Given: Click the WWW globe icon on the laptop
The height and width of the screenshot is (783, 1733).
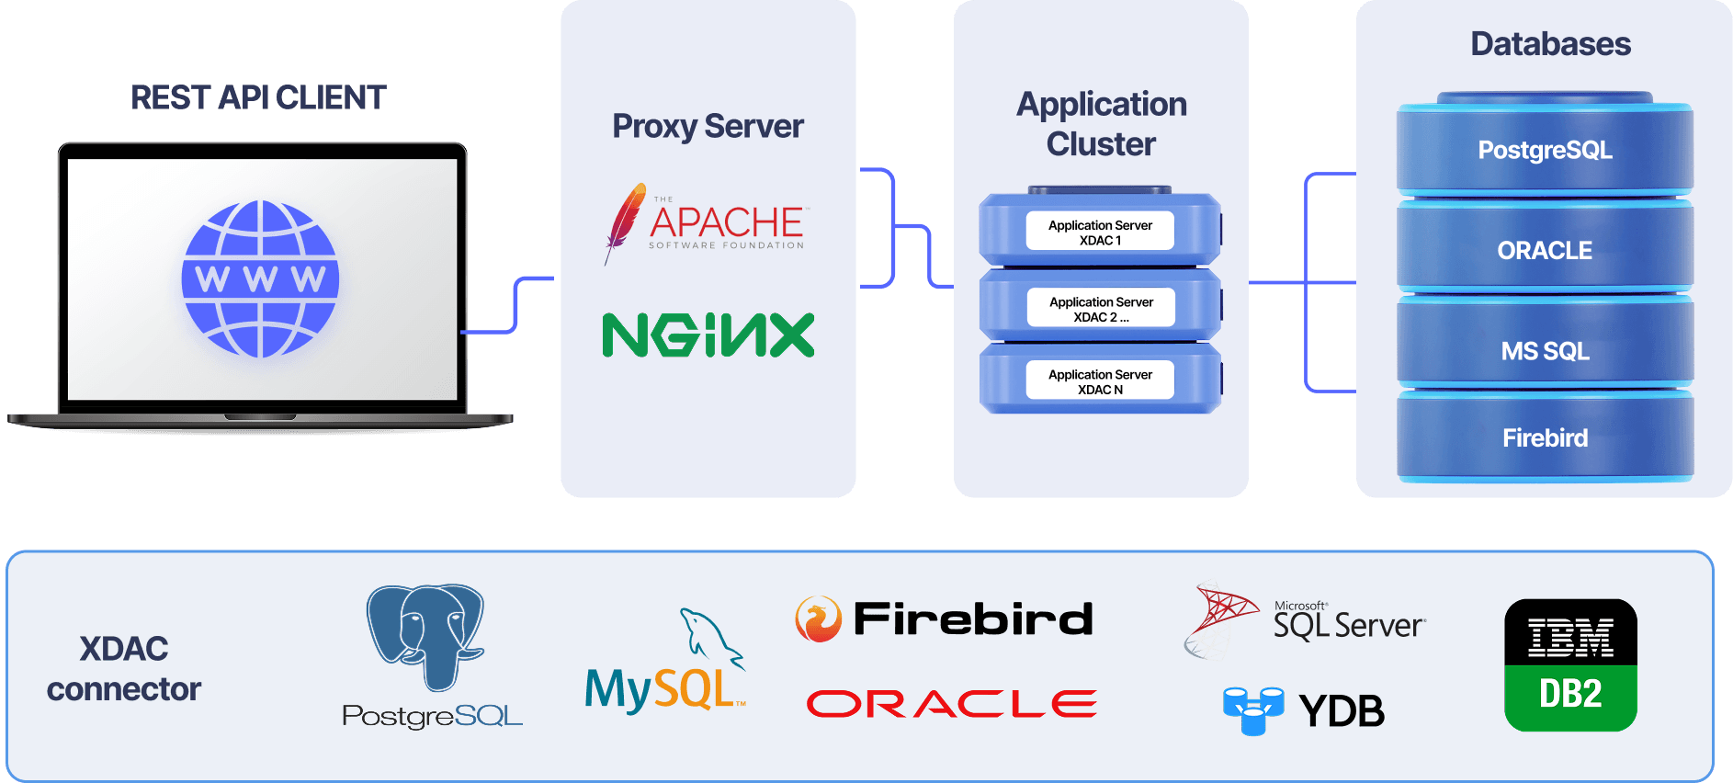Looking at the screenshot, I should click(260, 278).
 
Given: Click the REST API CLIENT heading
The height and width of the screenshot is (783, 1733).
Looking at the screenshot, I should click(258, 97).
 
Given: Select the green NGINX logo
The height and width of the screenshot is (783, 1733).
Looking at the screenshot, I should click(708, 335).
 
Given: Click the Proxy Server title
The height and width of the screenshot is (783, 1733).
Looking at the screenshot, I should click(708, 126).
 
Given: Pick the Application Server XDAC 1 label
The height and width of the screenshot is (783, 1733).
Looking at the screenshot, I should click(1100, 233).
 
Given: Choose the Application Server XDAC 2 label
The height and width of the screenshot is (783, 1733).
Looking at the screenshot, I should click(1101, 309).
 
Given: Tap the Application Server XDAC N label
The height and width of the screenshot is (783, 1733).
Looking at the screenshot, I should click(1100, 381).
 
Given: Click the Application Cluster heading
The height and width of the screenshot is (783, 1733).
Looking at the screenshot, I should click(1101, 124).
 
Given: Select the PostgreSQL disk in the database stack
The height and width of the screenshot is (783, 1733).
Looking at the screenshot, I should click(1545, 150).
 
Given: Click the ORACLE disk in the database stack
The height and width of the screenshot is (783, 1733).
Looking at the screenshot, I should click(1545, 250).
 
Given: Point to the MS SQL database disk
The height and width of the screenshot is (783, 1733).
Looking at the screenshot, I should click(1545, 350).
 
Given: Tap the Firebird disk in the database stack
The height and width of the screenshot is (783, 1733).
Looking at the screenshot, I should click(1545, 437).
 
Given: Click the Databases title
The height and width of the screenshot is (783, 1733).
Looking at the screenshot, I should click(1550, 44).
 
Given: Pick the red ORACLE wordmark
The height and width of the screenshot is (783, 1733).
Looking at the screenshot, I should click(951, 704).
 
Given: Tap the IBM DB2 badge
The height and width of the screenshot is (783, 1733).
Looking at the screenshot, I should click(1570, 665).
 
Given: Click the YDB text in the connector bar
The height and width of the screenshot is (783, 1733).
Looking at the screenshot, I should click(1341, 710).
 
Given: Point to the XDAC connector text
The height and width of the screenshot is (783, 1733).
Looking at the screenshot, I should click(124, 669).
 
